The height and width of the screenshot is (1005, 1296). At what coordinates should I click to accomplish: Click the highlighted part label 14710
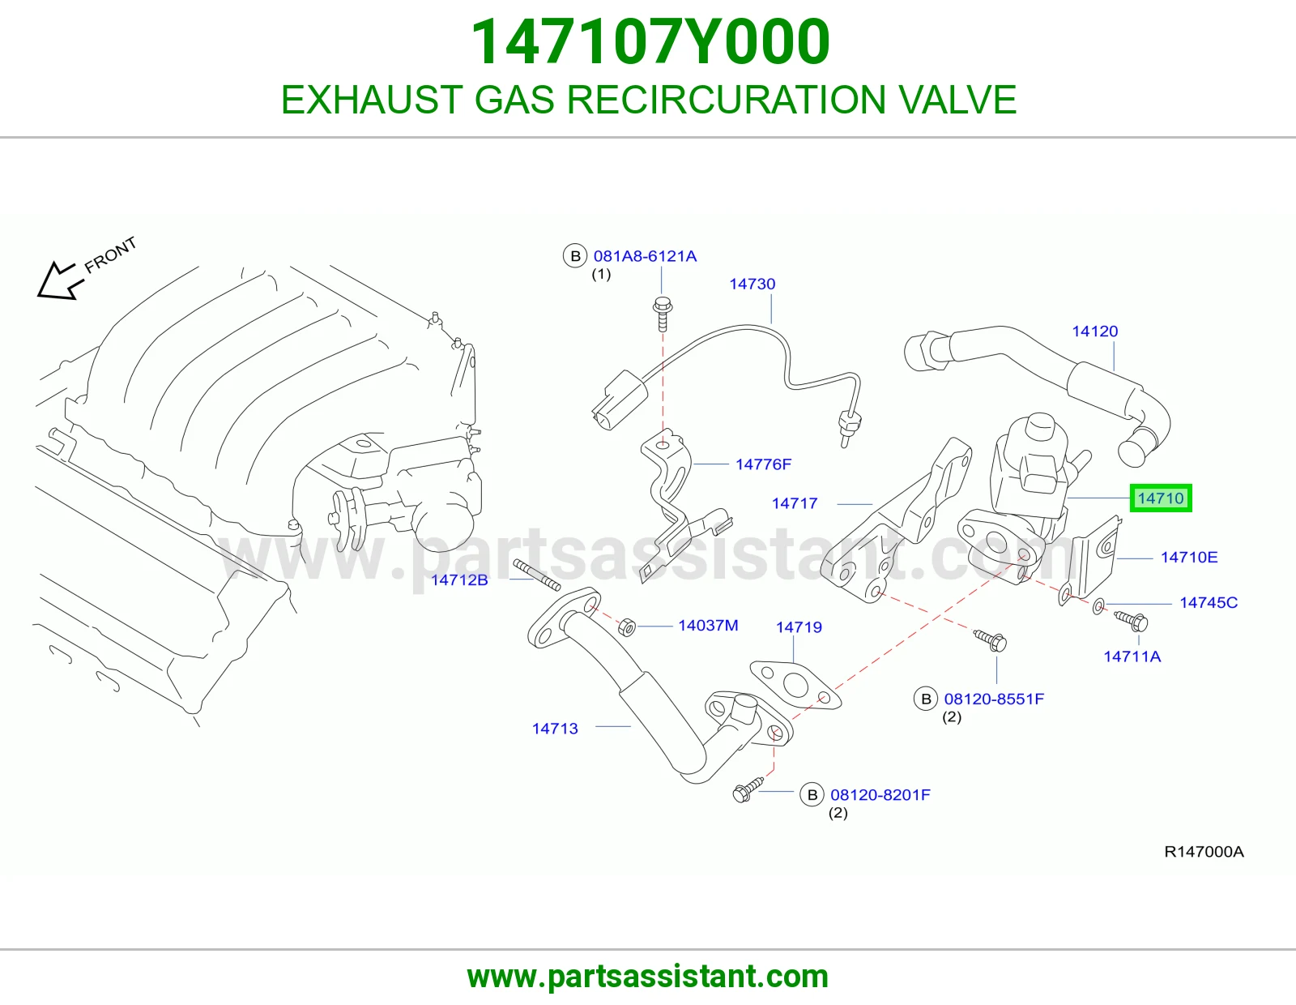point(1160,498)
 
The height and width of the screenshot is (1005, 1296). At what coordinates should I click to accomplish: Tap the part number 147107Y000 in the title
point(650,42)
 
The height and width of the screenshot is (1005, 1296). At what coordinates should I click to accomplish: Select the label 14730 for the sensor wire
point(752,284)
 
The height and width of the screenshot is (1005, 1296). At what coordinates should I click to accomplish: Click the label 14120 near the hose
point(1094,331)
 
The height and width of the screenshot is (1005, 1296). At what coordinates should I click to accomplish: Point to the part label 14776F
point(763,464)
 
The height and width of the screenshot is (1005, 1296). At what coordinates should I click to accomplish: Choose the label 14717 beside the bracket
point(794,503)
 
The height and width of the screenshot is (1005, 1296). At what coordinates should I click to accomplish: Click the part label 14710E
point(1188,557)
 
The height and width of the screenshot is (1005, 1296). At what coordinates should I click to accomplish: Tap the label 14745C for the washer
point(1209,602)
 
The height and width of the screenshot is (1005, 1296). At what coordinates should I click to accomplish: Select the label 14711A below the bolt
point(1132,656)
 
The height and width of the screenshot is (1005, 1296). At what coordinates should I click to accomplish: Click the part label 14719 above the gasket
point(798,627)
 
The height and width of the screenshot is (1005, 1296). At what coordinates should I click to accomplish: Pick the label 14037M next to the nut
point(707,625)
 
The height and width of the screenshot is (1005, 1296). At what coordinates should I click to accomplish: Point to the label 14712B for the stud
point(459,579)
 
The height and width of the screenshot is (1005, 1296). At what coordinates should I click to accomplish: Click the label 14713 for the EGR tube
point(555,728)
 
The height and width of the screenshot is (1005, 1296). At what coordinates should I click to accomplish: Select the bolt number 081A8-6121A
point(645,256)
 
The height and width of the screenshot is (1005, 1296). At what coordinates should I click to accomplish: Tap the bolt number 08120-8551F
point(994,699)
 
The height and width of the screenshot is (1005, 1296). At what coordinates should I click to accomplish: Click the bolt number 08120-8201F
point(880,794)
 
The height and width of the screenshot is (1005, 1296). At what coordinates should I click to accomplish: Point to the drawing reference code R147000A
point(1204,852)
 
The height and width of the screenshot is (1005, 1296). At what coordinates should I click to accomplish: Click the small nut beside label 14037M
point(627,627)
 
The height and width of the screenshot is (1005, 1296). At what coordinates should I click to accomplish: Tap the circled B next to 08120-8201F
point(812,794)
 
